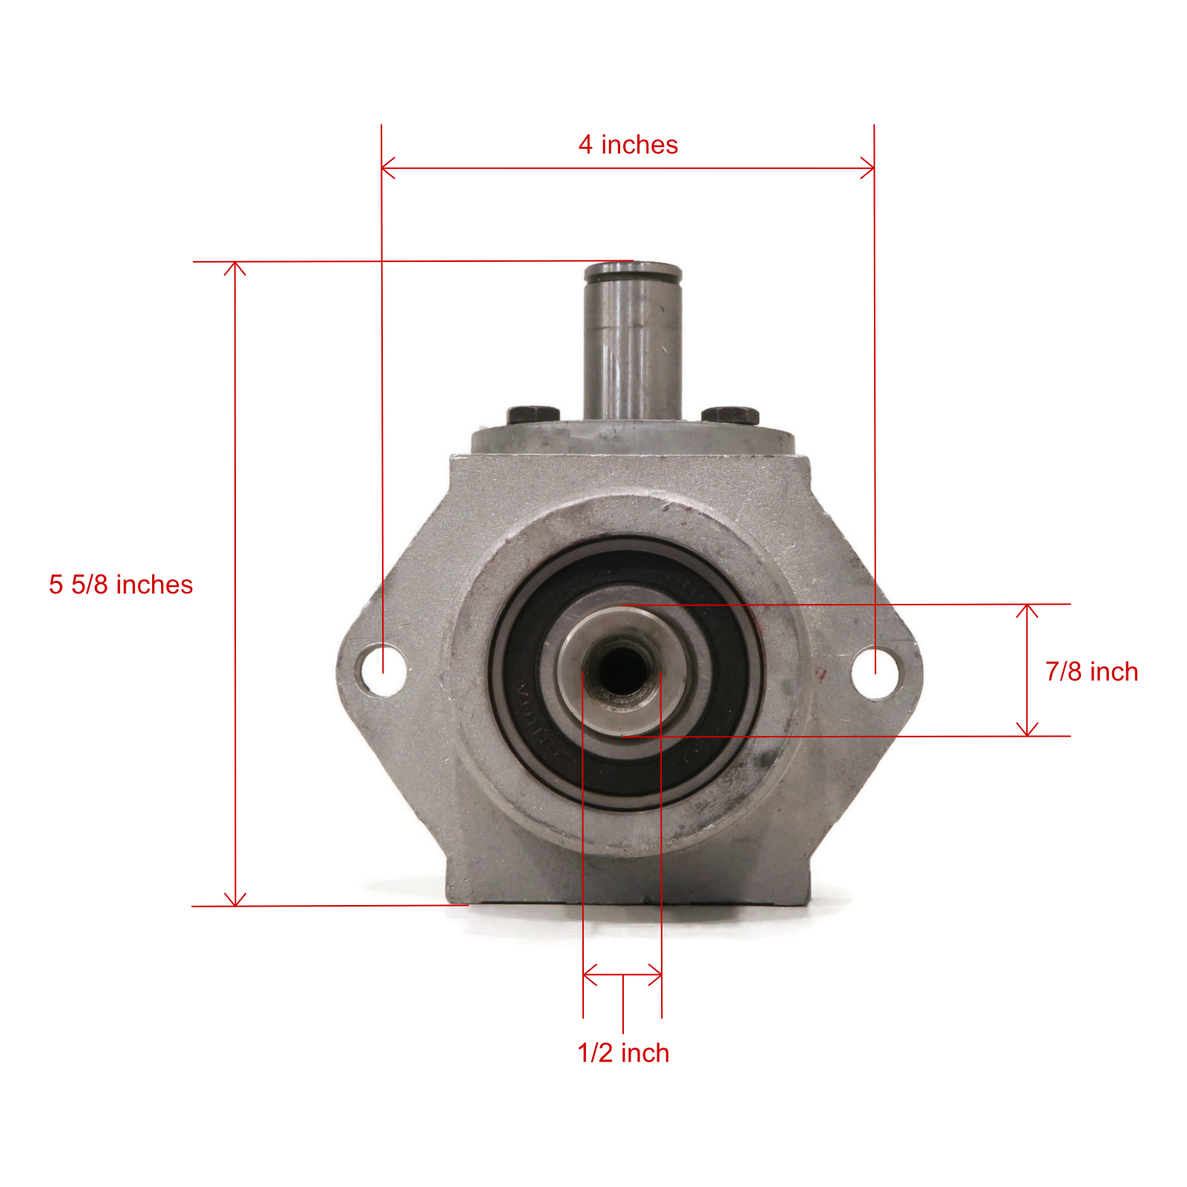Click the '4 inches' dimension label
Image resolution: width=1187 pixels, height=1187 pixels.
click(x=628, y=145)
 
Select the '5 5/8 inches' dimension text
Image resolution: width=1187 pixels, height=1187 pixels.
click(x=120, y=585)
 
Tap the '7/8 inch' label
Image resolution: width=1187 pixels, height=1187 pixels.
click(x=1091, y=671)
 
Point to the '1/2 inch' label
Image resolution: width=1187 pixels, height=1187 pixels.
click(x=623, y=1053)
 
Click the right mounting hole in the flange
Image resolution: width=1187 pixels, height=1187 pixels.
click(x=876, y=672)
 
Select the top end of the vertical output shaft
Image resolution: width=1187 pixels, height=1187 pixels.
click(x=633, y=272)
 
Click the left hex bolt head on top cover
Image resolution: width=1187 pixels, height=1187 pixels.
click(x=533, y=414)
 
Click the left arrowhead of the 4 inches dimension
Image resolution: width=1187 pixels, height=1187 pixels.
click(x=385, y=168)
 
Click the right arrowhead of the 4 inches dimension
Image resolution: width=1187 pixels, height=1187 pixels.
click(x=870, y=168)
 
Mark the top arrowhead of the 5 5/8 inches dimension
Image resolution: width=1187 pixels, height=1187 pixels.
click(x=235, y=266)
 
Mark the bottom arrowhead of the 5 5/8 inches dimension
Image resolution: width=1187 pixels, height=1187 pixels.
click(x=235, y=901)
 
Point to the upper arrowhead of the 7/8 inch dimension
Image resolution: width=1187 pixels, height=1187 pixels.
click(x=1027, y=609)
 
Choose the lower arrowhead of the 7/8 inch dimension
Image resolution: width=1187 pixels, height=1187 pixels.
click(x=1027, y=731)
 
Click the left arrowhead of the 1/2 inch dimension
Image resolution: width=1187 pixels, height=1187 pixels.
click(x=588, y=974)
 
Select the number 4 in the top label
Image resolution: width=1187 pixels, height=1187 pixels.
click(x=585, y=145)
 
